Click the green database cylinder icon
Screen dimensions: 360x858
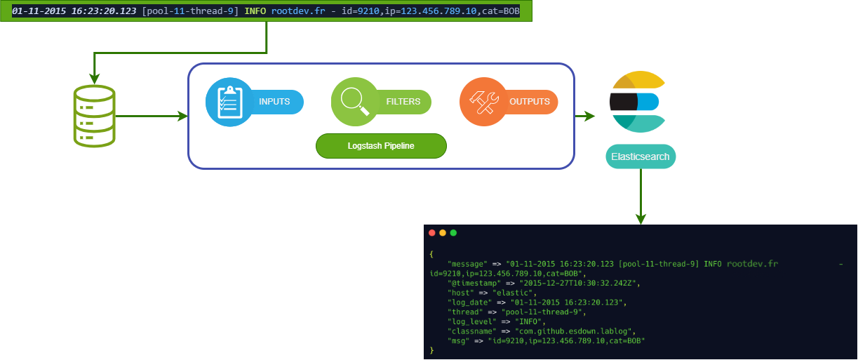pyautogui.click(x=94, y=116)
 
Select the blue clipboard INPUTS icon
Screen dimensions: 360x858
pyautogui.click(x=229, y=102)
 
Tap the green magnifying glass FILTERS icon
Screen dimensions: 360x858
pyautogui.click(x=355, y=102)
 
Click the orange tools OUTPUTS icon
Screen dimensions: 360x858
pyautogui.click(x=483, y=102)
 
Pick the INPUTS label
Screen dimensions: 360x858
pyautogui.click(x=274, y=102)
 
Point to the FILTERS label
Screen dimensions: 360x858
pyautogui.click(x=403, y=102)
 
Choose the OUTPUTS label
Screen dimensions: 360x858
pyautogui.click(x=530, y=102)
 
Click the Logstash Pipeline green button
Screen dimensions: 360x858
pyautogui.click(x=381, y=146)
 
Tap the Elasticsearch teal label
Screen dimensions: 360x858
pyautogui.click(x=641, y=156)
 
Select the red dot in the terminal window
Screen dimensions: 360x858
pyautogui.click(x=431, y=233)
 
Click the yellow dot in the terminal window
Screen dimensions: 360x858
pyautogui.click(x=443, y=233)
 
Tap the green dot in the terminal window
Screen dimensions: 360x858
pyautogui.click(x=453, y=233)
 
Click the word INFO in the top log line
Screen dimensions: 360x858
pyautogui.click(x=256, y=12)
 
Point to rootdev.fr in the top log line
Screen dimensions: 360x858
pyautogui.click(x=298, y=12)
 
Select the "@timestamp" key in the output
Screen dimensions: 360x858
pyautogui.click(x=474, y=283)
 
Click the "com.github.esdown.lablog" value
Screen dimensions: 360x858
pyautogui.click(x=575, y=331)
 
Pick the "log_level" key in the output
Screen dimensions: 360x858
pyautogui.click(x=472, y=321)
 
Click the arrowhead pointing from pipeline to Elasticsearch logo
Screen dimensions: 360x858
pyautogui.click(x=590, y=116)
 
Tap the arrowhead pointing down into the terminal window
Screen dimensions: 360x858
pyautogui.click(x=641, y=219)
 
